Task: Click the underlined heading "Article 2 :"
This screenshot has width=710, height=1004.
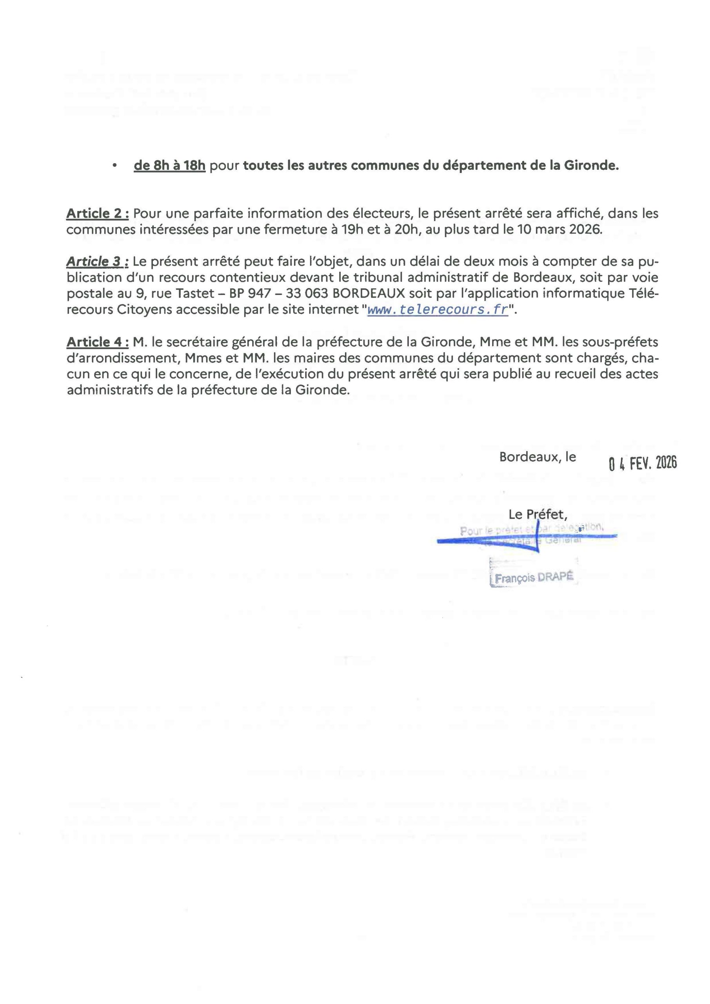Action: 98,213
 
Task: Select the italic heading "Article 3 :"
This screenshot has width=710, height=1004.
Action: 98,262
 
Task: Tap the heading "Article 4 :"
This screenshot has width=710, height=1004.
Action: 98,342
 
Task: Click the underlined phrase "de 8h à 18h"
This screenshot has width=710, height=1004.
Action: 170,166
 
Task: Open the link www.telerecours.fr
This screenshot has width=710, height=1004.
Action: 438,309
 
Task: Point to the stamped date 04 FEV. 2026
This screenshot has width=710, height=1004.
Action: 643,463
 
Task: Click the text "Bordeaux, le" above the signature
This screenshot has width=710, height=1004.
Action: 537,457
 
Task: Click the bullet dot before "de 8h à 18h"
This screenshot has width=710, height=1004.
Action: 114,166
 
